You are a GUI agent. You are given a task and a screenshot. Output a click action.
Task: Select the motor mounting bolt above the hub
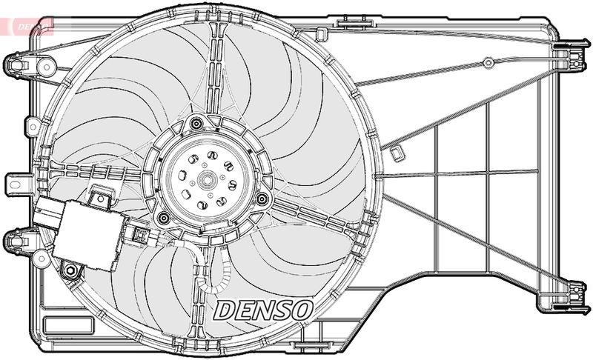pyautogui.click(x=196, y=124)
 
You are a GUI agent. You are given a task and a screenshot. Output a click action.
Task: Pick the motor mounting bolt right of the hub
pyautogui.click(x=261, y=199)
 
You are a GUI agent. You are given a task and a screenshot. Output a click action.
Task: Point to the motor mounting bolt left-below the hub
pyautogui.click(x=161, y=217)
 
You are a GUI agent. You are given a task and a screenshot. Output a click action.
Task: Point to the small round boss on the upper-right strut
pyautogui.click(x=488, y=62)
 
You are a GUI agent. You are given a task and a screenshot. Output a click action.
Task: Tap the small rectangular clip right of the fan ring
pyautogui.click(x=397, y=153)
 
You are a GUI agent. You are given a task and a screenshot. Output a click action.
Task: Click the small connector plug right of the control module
pyautogui.click(x=139, y=235)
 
